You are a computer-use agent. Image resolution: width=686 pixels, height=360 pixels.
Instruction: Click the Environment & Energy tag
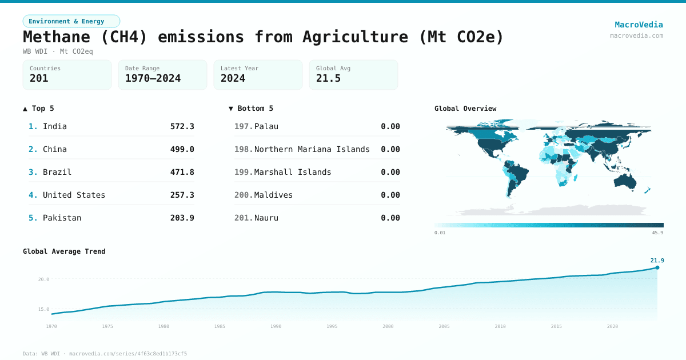71,21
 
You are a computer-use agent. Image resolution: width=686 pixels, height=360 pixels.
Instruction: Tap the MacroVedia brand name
639,25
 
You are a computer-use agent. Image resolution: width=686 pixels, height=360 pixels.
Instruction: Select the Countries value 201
39,78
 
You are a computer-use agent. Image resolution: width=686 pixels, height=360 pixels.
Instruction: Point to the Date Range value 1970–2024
153,78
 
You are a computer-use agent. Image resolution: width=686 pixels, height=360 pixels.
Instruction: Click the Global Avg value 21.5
328,78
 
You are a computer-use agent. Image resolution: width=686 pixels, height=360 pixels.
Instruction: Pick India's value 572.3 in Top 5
182,126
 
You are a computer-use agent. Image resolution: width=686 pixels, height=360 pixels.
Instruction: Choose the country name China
55,149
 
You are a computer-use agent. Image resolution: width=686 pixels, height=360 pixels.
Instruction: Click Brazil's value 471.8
182,172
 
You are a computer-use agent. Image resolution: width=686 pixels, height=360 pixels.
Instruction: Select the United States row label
74,195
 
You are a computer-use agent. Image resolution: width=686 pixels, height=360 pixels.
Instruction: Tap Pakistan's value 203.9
182,218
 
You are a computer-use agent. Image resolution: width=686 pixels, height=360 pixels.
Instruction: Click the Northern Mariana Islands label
312,149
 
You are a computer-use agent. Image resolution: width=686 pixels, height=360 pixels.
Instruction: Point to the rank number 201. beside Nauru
243,218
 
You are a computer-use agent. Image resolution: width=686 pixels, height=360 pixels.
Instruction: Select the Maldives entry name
273,195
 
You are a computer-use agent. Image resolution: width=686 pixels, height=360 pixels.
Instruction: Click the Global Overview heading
465,109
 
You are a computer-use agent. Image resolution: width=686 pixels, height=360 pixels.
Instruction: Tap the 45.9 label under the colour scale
657,233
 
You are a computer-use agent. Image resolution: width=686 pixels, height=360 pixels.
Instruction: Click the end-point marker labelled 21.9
657,267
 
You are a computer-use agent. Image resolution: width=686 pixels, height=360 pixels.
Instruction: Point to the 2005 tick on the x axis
444,326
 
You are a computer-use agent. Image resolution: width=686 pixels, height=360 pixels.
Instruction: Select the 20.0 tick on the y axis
44,279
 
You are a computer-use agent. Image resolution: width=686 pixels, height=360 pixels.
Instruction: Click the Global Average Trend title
64,251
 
